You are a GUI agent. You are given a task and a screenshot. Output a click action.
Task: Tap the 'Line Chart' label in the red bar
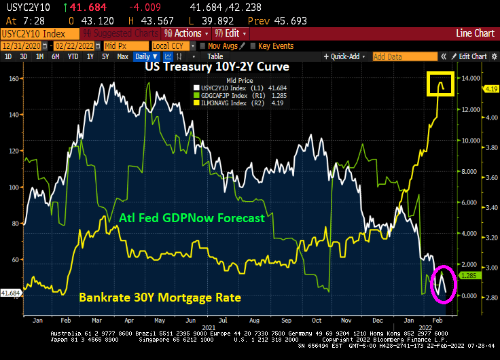point(475,33)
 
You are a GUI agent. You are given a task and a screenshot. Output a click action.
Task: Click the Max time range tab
point(122,56)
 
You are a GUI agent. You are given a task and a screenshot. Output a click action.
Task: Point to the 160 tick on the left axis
point(14,78)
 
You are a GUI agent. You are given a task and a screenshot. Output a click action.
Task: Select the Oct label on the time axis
point(316,319)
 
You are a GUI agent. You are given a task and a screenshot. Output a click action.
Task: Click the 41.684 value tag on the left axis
point(12,292)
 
